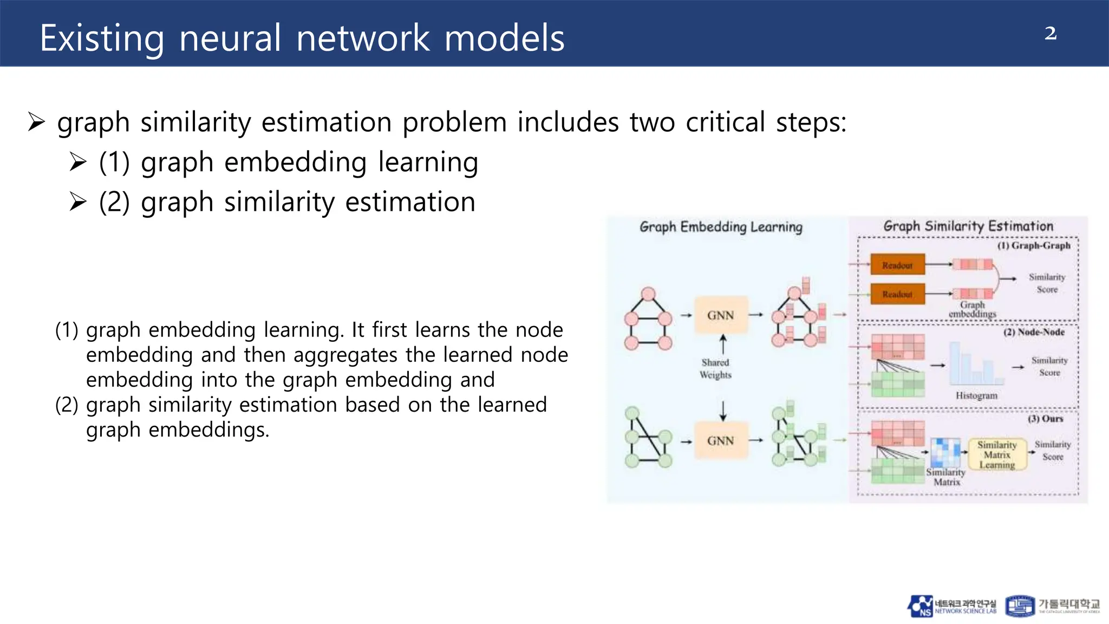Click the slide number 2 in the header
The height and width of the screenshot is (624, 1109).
1050,34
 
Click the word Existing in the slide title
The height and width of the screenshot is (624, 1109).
102,38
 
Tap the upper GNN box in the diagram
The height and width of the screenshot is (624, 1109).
721,315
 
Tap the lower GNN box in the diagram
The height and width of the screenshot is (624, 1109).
721,441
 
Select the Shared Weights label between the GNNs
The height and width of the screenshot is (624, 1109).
715,368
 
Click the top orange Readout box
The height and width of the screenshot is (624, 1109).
897,265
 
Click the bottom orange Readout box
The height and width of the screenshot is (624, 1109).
897,294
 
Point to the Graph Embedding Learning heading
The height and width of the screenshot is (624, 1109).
721,226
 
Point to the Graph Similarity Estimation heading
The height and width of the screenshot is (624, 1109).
968,226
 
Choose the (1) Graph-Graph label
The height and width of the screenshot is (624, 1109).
1034,245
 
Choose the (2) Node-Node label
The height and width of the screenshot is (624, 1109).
1034,332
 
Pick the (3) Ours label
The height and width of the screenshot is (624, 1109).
1045,419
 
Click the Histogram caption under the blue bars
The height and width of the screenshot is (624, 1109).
976,395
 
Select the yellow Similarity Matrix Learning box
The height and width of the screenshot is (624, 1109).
997,454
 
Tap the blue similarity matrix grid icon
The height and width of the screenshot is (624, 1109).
945,452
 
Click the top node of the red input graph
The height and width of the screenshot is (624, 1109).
648,294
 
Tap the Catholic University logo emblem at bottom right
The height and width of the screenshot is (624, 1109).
1020,606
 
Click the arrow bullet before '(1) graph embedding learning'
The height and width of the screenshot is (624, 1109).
78,162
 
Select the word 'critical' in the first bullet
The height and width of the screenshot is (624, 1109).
725,122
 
